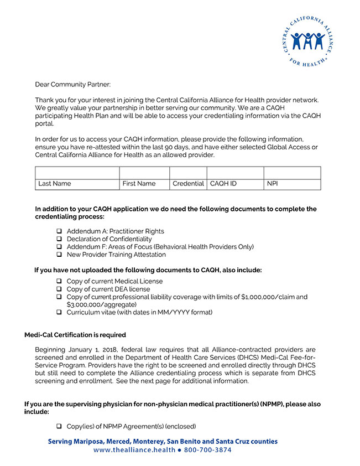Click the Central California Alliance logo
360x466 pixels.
[307, 40]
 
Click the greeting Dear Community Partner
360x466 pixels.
[72, 84]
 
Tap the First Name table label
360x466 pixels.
[139, 184]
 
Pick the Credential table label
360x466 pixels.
[188, 184]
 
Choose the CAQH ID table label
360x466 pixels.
[223, 184]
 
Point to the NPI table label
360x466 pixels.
[272, 184]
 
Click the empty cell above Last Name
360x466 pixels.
[77, 172]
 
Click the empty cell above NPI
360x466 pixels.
[292, 172]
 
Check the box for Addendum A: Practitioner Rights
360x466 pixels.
[59, 231]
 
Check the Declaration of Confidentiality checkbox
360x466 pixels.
[59, 239]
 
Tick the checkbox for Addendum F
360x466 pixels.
[59, 247]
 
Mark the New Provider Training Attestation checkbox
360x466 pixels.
[59, 255]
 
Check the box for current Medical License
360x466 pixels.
[59, 281]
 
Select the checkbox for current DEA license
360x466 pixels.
[59, 289]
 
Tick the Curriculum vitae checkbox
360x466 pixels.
[59, 313]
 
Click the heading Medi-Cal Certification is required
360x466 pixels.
[75, 335]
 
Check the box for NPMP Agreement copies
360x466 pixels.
[59, 426]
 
